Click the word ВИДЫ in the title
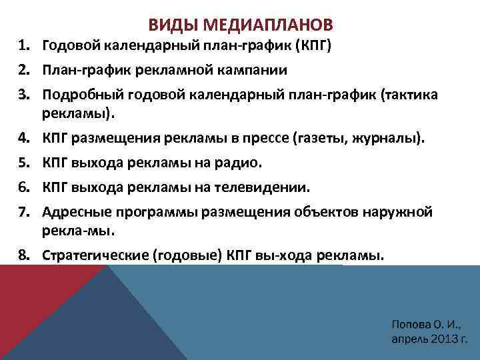(168, 25)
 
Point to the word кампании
(242, 70)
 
